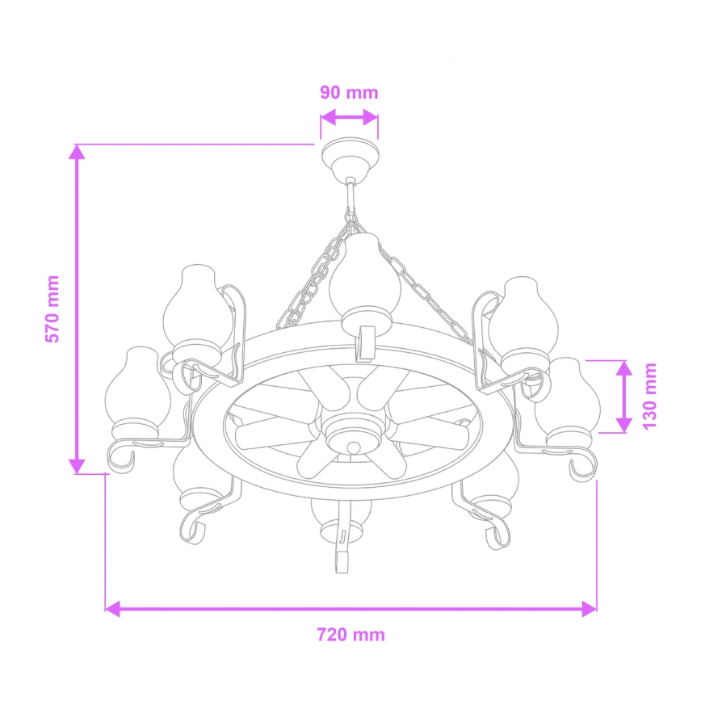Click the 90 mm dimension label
tap(349, 92)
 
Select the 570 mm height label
tap(52, 309)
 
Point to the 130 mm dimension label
tap(649, 396)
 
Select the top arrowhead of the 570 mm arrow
tap(77, 153)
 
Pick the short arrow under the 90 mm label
tap(349, 118)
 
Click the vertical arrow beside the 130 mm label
tap(623, 396)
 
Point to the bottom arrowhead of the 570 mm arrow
tap(77, 465)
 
